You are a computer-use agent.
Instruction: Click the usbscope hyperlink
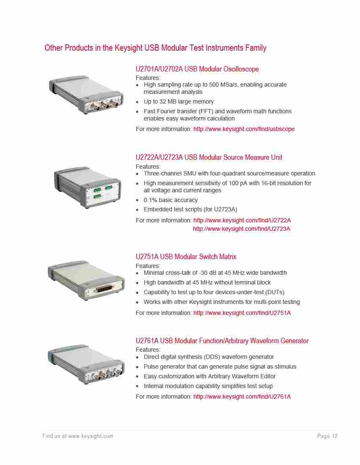click(244, 129)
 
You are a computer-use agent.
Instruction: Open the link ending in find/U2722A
click(242, 220)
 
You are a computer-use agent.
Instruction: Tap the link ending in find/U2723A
click(242, 229)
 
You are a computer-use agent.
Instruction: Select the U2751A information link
click(242, 313)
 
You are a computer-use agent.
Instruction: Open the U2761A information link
click(242, 397)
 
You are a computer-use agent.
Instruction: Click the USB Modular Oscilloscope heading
click(197, 69)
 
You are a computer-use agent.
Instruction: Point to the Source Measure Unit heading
click(209, 158)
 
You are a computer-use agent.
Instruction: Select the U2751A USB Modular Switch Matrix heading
click(186, 257)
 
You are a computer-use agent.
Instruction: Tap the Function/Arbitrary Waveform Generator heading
click(222, 341)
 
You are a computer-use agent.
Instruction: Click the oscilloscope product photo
click(86, 94)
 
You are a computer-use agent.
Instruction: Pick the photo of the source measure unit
click(87, 187)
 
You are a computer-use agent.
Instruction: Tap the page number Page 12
click(327, 436)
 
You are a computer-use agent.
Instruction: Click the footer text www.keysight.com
click(91, 436)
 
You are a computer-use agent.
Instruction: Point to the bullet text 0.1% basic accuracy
click(170, 200)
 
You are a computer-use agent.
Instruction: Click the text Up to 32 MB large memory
click(179, 101)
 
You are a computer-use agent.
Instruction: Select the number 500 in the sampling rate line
click(214, 85)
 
